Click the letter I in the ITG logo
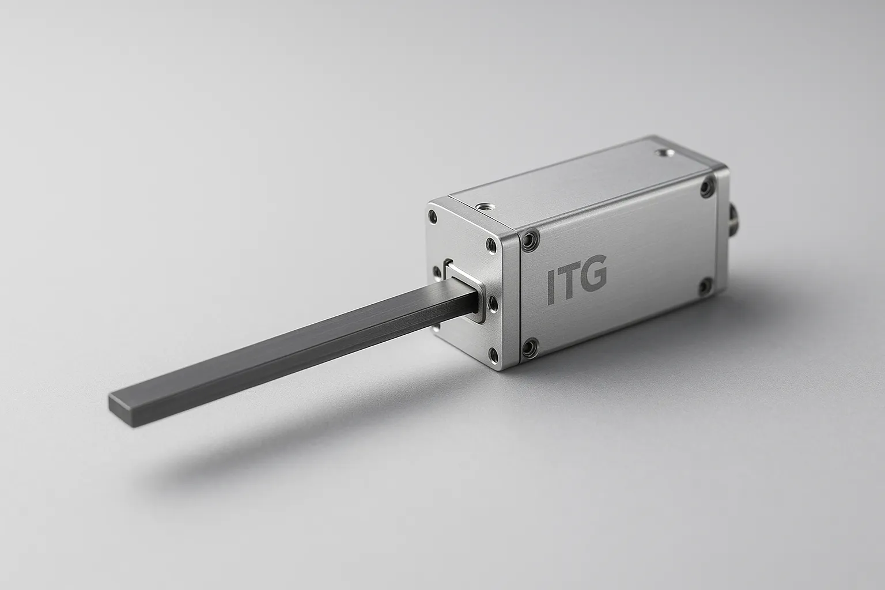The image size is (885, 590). (x=551, y=287)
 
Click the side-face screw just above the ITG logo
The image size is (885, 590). (x=529, y=240)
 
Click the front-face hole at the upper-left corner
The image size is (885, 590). (x=433, y=217)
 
